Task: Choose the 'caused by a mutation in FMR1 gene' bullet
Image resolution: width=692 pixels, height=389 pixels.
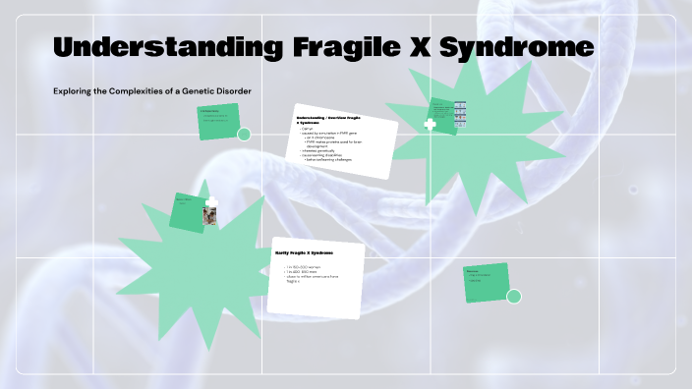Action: [330, 133]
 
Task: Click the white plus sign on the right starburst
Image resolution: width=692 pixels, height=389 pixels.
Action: [430, 125]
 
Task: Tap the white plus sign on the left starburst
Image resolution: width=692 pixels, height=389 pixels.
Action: [211, 201]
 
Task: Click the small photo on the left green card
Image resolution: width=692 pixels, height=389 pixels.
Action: [209, 215]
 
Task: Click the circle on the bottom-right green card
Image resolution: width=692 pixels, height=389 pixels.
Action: [512, 297]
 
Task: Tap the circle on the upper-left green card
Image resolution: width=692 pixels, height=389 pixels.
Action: [244, 134]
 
